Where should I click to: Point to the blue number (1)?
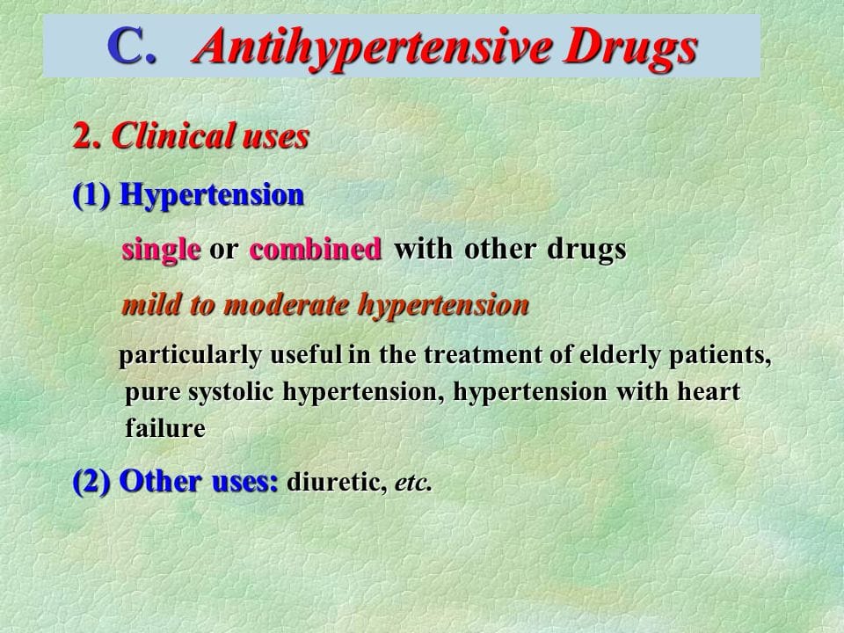(91, 194)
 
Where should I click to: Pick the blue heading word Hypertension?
(212, 194)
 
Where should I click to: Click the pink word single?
(161, 250)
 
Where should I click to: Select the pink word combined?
(316, 250)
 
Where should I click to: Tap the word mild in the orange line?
(146, 305)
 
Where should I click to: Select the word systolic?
(233, 392)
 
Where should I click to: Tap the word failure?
(165, 428)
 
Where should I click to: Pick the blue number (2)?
(91, 482)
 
